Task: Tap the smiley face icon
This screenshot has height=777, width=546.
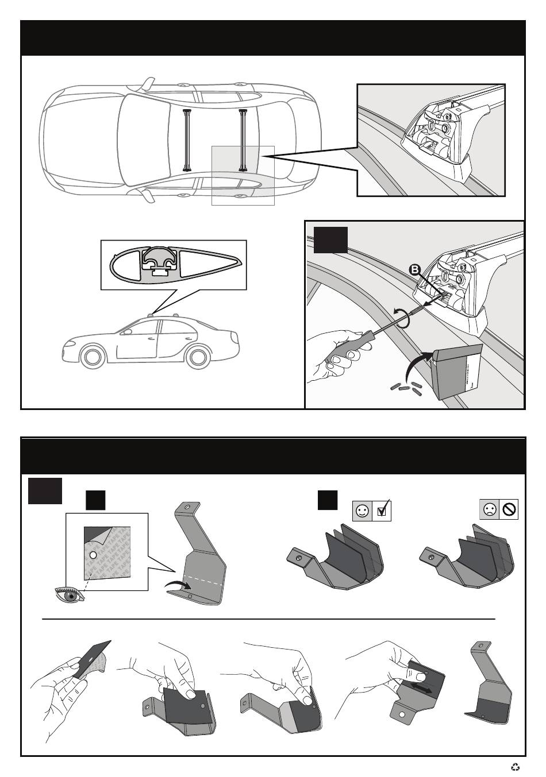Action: pyautogui.click(x=363, y=511)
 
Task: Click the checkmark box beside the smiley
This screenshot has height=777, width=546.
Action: pyautogui.click(x=382, y=511)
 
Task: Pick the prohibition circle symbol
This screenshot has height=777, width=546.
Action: pyautogui.click(x=509, y=509)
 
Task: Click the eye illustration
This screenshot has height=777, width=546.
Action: pyautogui.click(x=69, y=595)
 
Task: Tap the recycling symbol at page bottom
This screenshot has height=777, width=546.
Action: pyautogui.click(x=516, y=766)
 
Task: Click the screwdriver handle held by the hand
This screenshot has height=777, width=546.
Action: pyautogui.click(x=343, y=349)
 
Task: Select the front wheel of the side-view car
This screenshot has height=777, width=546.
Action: pyautogui.click(x=93, y=357)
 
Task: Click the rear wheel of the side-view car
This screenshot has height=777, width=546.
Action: pyautogui.click(x=199, y=356)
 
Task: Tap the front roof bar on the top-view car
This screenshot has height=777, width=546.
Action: pyautogui.click(x=187, y=140)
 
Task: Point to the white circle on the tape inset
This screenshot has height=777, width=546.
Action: pyautogui.click(x=94, y=556)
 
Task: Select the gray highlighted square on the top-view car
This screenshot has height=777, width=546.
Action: pyautogui.click(x=243, y=175)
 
